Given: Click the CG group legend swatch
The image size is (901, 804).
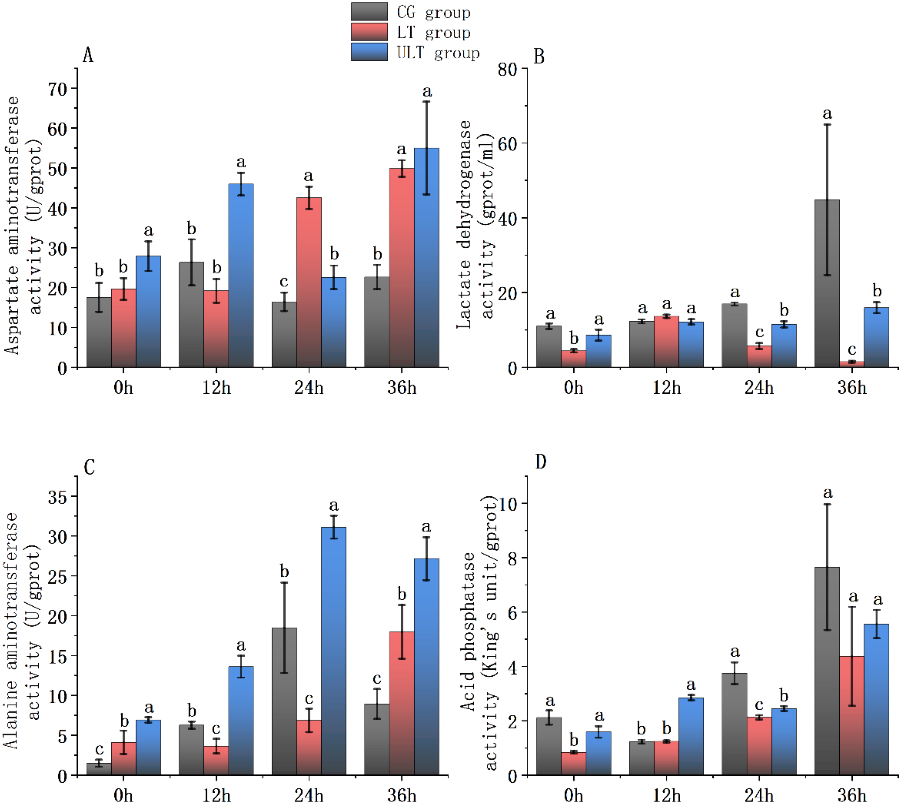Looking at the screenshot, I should pyautogui.click(x=369, y=11).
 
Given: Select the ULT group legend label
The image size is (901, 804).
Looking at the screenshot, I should pyautogui.click(x=438, y=53).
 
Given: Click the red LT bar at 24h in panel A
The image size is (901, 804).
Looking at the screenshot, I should pyautogui.click(x=309, y=282).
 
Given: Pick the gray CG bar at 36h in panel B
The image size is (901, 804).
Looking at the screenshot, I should pyautogui.click(x=826, y=283).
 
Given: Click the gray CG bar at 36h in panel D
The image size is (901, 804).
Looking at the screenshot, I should pyautogui.click(x=826, y=671).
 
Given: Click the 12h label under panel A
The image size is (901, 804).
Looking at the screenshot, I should pyautogui.click(x=216, y=388).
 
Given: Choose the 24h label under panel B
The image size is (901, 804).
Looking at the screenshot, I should pyautogui.click(x=759, y=388).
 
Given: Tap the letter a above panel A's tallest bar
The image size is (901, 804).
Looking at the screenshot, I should pyautogui.click(x=426, y=91).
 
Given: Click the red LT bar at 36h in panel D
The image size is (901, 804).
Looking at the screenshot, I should pyautogui.click(x=851, y=716).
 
